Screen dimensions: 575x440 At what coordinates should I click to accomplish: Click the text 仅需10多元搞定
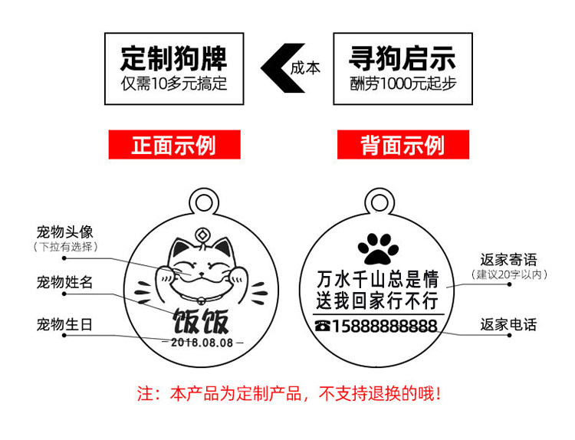(174, 83)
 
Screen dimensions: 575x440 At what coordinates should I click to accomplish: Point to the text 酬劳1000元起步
(403, 83)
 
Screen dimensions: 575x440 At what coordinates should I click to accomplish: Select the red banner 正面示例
(174, 145)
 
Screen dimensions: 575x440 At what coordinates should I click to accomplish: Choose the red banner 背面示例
(402, 145)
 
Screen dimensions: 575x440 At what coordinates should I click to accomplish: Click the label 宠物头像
(64, 231)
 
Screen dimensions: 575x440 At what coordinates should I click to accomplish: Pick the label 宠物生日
(64, 324)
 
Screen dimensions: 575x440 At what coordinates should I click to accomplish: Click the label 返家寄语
(508, 259)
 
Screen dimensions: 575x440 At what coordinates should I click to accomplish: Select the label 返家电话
(508, 324)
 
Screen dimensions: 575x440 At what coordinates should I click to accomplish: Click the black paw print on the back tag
(376, 245)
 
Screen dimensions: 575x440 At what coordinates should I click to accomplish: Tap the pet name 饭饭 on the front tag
(202, 322)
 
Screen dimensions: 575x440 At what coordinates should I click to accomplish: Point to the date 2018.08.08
(202, 343)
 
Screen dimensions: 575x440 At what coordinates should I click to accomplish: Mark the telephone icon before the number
(322, 327)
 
